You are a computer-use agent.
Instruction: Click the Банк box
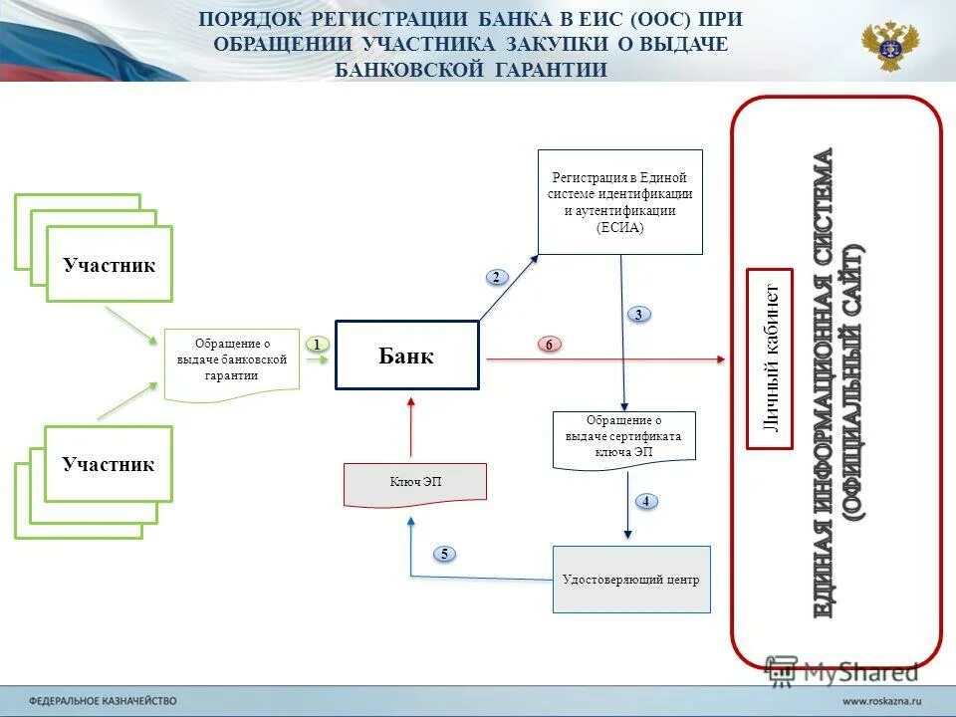pos(406,356)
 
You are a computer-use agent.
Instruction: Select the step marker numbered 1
pos(316,344)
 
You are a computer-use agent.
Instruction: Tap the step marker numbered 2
pos(496,277)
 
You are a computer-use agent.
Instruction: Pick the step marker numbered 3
pos(638,315)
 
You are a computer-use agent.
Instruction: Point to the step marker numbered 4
pos(645,501)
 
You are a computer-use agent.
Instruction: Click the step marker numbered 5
pos(444,554)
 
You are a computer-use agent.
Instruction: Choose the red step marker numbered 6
pos(549,344)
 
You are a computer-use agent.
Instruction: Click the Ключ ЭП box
pos(415,482)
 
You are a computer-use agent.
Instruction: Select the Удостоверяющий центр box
pos(631,579)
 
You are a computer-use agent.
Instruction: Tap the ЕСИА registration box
pos(619,202)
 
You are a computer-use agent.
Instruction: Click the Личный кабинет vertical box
pos(770,358)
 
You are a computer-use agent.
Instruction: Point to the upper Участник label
pos(110,265)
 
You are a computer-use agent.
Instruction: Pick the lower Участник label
pos(108,464)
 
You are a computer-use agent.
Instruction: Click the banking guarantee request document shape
pos(231,361)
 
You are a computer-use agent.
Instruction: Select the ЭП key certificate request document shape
pos(623,437)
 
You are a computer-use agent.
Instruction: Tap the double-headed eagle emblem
pos(890,45)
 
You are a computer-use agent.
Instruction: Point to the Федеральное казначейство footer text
pos(102,701)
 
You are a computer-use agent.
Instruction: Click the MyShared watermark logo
pos(841,671)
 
